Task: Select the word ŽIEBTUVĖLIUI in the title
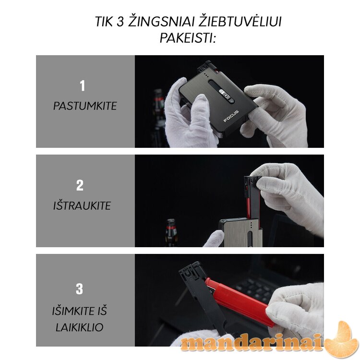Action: point(240,21)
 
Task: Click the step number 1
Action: point(82,85)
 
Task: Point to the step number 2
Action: point(80,185)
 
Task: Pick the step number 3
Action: point(79,289)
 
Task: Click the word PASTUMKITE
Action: point(85,106)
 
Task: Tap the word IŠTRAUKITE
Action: point(82,206)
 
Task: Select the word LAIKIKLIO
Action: point(79,327)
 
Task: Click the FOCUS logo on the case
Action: point(231,116)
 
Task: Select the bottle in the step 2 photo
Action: point(171,233)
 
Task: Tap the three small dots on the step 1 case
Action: point(206,76)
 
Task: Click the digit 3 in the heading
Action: point(120,22)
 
